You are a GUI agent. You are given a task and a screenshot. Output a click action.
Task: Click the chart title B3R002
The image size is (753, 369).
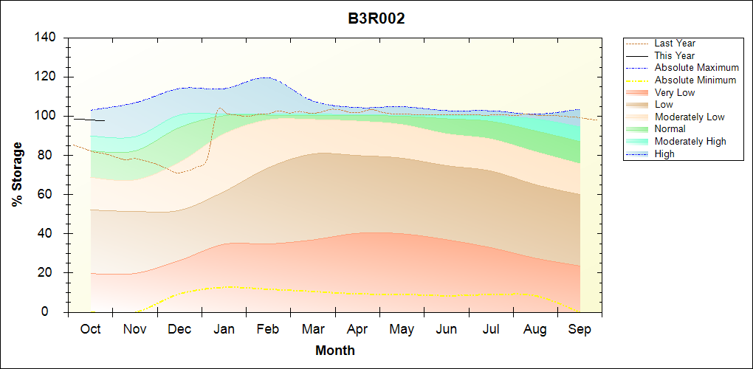coord(376,19)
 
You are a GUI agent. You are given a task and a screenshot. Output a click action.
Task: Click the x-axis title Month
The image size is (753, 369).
coord(335,351)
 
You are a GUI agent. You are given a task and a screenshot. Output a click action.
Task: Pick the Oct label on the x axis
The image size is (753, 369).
coord(90,329)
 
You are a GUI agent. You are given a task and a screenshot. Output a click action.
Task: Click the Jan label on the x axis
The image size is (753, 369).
coord(224,329)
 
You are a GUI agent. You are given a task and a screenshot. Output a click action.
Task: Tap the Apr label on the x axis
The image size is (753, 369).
coord(357,329)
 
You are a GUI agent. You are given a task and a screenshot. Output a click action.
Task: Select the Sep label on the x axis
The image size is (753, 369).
coord(580,329)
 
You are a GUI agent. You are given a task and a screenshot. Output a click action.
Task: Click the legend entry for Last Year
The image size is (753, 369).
coord(675,44)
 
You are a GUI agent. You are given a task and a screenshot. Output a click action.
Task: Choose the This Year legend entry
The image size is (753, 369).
coord(675,55)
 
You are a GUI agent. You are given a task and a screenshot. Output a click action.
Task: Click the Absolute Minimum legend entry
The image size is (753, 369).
coord(695,80)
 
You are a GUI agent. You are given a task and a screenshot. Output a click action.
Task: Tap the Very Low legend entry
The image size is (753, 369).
coord(675,92)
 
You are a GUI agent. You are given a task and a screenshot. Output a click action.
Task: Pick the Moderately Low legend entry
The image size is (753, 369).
coord(690,117)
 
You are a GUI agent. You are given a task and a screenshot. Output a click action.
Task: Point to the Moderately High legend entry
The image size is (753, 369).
coord(690,141)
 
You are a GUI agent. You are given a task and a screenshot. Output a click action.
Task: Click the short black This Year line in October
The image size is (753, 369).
coord(89,119)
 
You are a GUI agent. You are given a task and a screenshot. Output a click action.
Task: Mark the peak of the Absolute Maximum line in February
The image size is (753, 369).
coord(264,77)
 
